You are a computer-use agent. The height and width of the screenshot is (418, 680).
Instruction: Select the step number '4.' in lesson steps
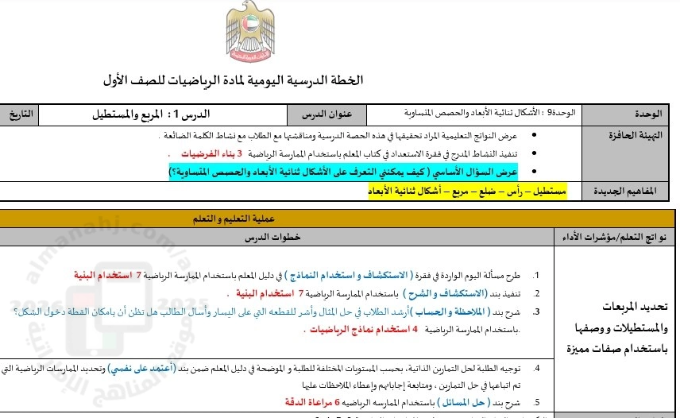point(538,369)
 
